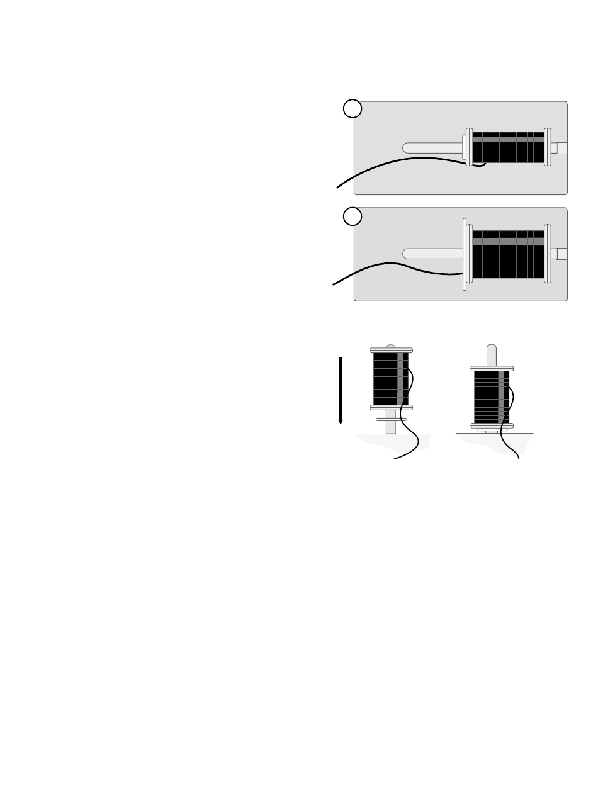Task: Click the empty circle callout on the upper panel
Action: coord(353,109)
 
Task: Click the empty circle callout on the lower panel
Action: coord(353,216)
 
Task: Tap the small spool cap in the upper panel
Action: coord(468,148)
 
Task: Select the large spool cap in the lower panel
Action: coord(464,254)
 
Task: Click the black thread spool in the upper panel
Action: coord(508,148)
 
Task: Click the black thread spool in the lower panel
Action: coord(508,254)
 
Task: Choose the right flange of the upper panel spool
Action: coord(548,148)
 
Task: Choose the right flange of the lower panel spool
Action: coord(548,254)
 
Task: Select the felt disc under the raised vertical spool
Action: coord(391,419)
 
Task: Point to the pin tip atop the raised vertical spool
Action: coord(391,346)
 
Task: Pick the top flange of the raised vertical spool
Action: coord(391,349)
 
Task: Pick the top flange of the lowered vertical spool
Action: coord(492,368)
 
